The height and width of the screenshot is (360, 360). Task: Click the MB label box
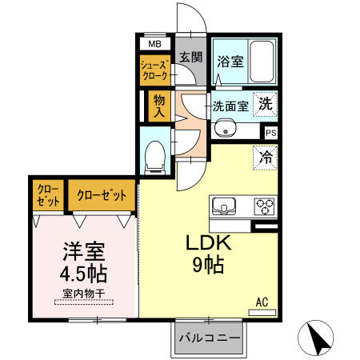pyautogui.click(x=155, y=45)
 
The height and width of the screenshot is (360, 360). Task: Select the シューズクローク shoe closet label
pyautogui.click(x=154, y=69)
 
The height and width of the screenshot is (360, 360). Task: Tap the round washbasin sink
pyautogui.click(x=225, y=128)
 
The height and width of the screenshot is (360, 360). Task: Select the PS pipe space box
pyautogui.click(x=270, y=133)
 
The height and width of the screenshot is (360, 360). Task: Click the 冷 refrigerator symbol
pyautogui.click(x=266, y=157)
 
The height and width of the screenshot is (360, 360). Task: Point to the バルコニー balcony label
pyautogui.click(x=210, y=338)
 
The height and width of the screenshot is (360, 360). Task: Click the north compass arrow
pyautogui.click(x=319, y=339)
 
